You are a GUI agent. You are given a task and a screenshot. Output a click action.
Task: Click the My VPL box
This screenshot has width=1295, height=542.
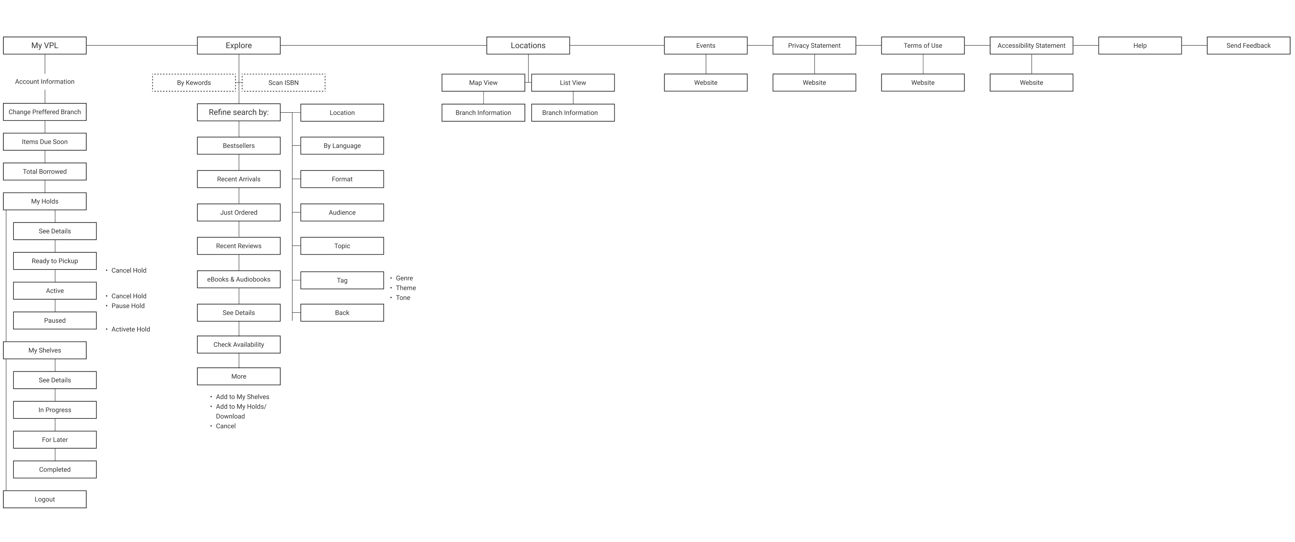click(x=45, y=45)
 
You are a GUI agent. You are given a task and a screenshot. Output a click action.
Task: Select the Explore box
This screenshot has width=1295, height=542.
click(x=238, y=45)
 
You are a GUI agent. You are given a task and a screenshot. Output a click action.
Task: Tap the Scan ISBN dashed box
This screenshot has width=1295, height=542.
click(x=284, y=83)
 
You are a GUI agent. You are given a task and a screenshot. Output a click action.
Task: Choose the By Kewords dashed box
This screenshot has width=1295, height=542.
click(x=194, y=83)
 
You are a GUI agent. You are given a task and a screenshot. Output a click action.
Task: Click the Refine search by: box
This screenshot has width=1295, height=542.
click(x=238, y=112)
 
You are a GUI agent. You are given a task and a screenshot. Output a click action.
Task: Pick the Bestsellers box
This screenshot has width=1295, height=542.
click(x=238, y=146)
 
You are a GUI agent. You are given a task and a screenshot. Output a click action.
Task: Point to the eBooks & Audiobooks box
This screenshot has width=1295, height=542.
click(x=238, y=279)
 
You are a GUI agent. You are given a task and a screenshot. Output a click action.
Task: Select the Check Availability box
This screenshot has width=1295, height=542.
click(x=238, y=345)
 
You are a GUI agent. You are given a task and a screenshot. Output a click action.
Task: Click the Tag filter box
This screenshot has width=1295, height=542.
click(x=342, y=280)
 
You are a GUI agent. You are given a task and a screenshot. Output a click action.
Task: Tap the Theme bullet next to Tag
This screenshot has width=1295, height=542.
click(x=405, y=288)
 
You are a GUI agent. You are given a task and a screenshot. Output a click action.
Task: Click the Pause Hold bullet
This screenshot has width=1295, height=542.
click(x=128, y=306)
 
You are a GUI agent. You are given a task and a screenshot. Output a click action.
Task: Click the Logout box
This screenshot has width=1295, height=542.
click(x=45, y=499)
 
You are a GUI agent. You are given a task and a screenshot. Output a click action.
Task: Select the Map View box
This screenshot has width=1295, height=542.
click(x=483, y=83)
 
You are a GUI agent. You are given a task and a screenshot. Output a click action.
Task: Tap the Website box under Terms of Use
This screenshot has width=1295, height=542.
click(x=922, y=83)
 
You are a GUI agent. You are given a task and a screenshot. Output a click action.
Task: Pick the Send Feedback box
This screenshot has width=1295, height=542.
click(x=1248, y=45)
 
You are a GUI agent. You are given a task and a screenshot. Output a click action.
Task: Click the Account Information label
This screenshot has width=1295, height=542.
click(x=45, y=81)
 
